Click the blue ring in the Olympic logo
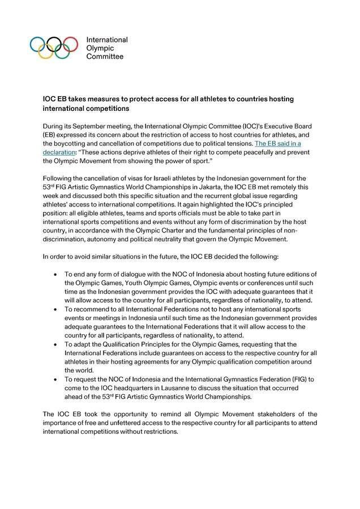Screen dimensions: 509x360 tap(37, 44)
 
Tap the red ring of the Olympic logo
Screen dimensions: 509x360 tap(70, 44)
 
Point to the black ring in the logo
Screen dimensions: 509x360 tap(54, 44)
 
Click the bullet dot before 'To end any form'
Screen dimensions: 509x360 tap(54, 274)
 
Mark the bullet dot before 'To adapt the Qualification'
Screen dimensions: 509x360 tap(54, 344)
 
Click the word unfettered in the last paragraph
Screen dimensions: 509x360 tap(122, 424)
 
